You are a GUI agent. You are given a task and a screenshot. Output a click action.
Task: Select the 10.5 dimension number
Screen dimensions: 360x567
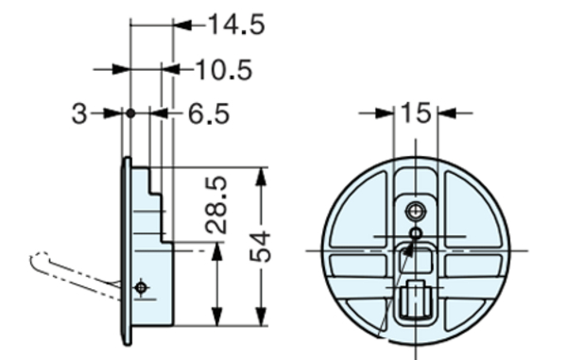click(x=225, y=69)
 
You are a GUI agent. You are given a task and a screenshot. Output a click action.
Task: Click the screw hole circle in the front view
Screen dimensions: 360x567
click(x=416, y=210)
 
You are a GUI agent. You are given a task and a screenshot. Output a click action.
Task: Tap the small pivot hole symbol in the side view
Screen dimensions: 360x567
click(x=141, y=286)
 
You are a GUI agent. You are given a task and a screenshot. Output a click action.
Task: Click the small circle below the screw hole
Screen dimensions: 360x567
click(x=416, y=232)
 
